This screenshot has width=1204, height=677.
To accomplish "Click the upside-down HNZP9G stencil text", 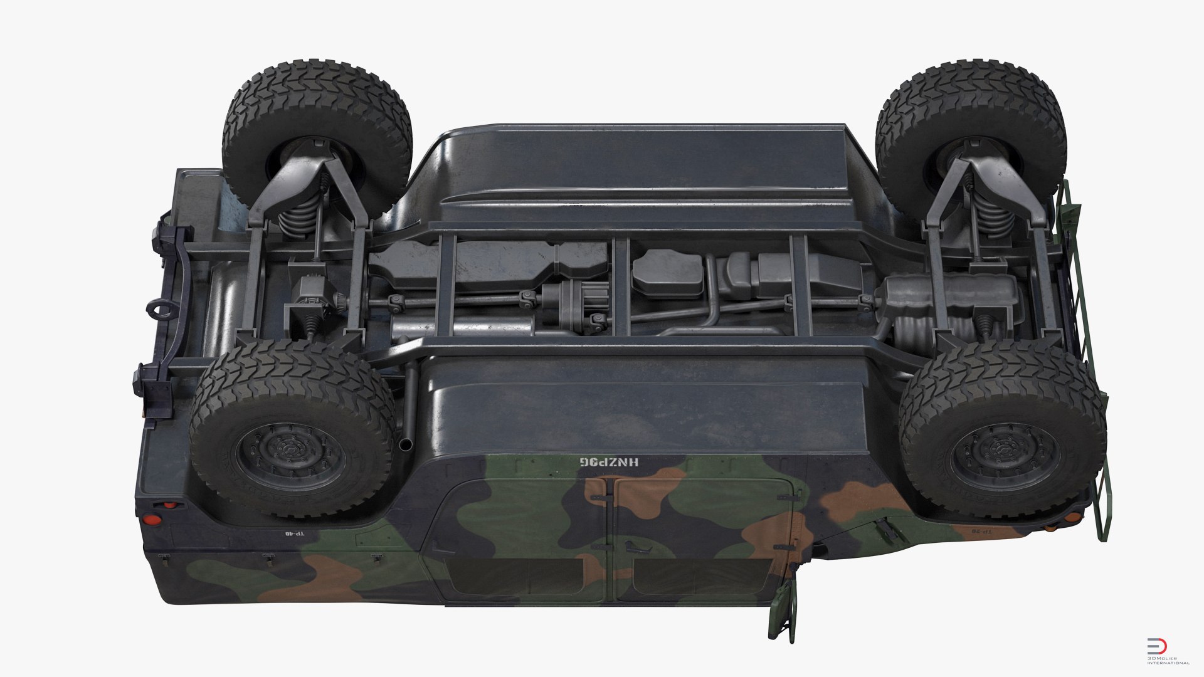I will pyautogui.click(x=608, y=462).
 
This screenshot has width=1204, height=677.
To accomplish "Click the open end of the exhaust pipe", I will pyautogui.click(x=406, y=444).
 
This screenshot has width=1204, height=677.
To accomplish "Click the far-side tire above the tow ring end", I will pyautogui.click(x=317, y=135).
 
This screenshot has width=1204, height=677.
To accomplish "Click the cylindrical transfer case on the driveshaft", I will pyautogui.click(x=574, y=304).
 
